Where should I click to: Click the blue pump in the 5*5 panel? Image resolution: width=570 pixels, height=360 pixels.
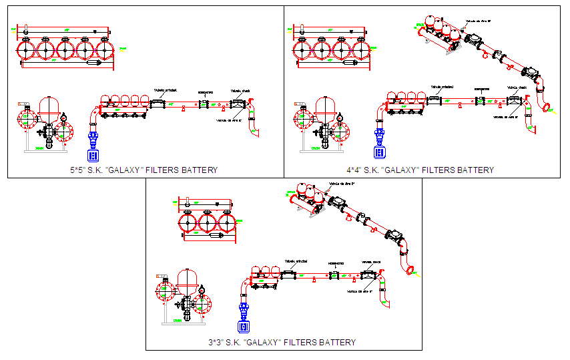point(93,148)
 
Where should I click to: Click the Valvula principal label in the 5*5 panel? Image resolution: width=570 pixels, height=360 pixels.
point(164,91)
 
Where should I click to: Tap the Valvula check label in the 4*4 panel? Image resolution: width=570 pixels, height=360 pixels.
point(517,87)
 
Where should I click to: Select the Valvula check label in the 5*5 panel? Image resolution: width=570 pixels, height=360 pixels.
point(240,91)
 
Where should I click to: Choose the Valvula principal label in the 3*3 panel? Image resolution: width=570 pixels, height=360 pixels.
point(294,261)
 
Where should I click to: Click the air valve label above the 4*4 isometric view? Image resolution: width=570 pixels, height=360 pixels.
point(478,21)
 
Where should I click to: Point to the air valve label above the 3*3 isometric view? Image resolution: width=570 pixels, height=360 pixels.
point(341,183)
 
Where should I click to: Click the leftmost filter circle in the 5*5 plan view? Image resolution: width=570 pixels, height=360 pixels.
point(27,50)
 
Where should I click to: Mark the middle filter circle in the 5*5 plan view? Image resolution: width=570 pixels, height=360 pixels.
point(65,50)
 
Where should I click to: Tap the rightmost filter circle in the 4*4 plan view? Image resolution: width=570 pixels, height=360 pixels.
point(361,49)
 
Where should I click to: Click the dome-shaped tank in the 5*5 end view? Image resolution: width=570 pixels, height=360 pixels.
point(49,107)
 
